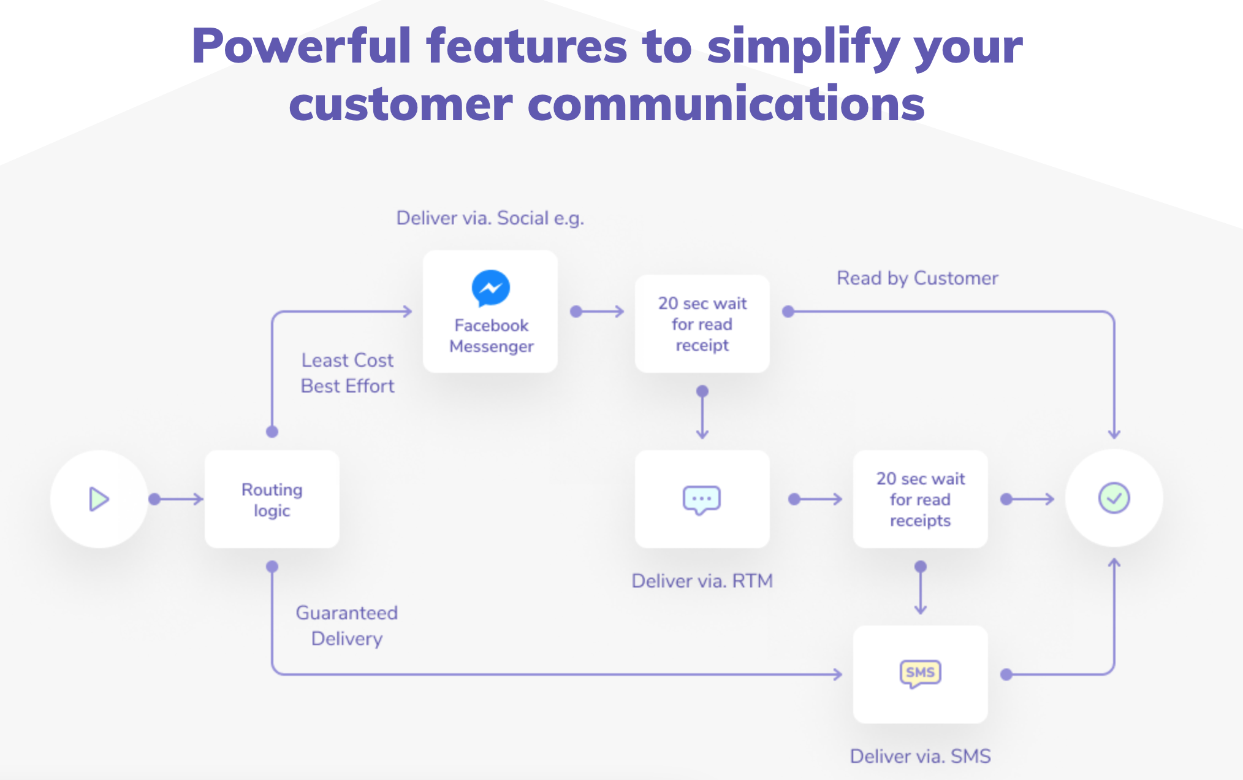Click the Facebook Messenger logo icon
[490, 288]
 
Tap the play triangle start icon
[99, 499]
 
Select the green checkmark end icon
[1114, 498]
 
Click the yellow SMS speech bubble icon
[920, 673]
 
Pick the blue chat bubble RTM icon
[702, 500]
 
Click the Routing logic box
[272, 499]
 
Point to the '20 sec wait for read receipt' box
[702, 324]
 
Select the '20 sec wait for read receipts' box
[920, 499]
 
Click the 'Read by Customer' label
[918, 278]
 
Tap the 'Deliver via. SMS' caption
[920, 756]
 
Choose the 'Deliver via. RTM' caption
[702, 581]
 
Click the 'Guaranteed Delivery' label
[347, 625]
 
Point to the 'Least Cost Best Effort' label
[348, 373]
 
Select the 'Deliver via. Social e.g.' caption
[490, 218]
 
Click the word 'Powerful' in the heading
[301, 46]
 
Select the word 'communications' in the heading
[726, 104]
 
